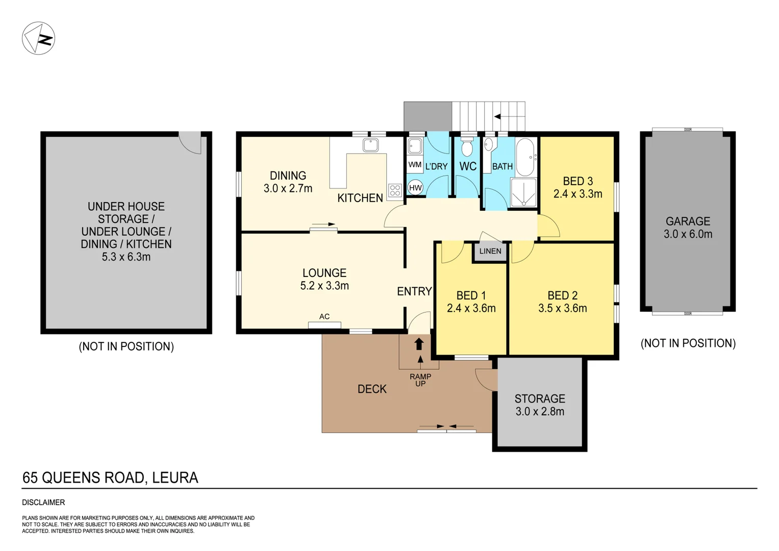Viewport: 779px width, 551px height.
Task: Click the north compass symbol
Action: (x=38, y=38)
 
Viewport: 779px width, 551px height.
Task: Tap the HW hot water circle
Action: (x=415, y=188)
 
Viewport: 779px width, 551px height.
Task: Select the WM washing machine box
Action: (x=415, y=165)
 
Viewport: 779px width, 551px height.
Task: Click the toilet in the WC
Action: (x=466, y=148)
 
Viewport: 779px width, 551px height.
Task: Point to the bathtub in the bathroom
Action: (x=525, y=157)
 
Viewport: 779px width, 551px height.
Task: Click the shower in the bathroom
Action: (x=524, y=192)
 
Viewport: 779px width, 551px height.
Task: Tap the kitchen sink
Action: (x=370, y=145)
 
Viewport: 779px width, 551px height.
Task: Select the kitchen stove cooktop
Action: (x=395, y=190)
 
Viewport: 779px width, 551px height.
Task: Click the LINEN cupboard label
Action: (x=490, y=251)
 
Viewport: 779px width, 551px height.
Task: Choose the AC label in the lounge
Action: (x=324, y=316)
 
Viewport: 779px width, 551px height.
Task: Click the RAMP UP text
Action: (x=420, y=380)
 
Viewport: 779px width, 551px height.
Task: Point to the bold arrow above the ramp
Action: (x=419, y=344)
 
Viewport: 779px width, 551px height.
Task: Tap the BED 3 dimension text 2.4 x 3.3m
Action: (x=577, y=194)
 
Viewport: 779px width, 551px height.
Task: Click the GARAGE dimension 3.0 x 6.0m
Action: (x=688, y=234)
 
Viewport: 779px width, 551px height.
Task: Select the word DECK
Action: (x=372, y=389)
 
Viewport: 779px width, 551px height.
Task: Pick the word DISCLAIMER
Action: (x=43, y=503)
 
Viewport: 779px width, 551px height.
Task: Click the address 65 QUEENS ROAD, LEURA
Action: (x=110, y=478)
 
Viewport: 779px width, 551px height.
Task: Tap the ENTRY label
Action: (x=414, y=291)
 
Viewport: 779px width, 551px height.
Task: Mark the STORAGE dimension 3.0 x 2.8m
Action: (x=540, y=412)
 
